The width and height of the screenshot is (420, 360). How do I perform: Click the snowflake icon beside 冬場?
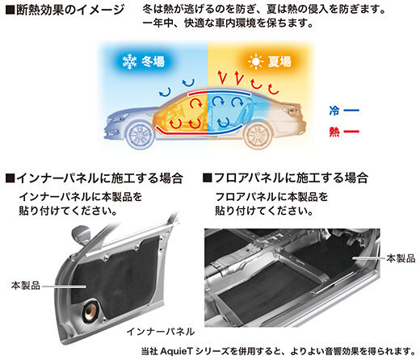(x=129, y=62)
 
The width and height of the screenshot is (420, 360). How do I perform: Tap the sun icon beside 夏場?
(x=255, y=62)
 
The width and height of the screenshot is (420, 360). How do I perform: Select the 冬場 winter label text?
(x=153, y=62)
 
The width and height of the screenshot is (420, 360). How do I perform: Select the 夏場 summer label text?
(x=279, y=62)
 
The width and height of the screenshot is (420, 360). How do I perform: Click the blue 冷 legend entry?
(x=344, y=111)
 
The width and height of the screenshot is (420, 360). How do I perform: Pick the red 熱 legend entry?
(x=344, y=132)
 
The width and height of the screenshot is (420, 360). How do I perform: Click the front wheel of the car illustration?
(x=141, y=135)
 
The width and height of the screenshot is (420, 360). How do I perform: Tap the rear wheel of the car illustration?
(x=258, y=135)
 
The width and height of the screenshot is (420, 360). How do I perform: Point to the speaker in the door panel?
(x=91, y=312)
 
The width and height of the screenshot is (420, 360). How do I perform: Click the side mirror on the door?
(x=81, y=235)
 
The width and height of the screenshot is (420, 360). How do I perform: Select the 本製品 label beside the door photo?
(x=26, y=286)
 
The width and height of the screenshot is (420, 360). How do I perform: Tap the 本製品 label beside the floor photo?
(x=401, y=258)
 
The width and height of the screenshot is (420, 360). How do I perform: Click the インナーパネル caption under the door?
(x=161, y=332)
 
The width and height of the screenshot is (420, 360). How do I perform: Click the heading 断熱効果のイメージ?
(x=65, y=10)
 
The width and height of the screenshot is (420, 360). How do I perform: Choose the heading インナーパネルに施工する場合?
(x=94, y=178)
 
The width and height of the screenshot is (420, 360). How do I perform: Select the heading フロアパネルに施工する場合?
(x=285, y=178)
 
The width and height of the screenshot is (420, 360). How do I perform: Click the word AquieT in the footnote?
(x=177, y=351)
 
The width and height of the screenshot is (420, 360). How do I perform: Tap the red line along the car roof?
(x=198, y=93)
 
